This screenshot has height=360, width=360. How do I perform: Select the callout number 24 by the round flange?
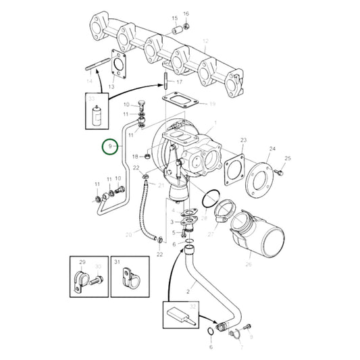273,149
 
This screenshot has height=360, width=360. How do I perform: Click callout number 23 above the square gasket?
244,140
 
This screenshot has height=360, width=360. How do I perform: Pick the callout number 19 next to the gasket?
211,104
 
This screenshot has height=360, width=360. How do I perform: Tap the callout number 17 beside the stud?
179,82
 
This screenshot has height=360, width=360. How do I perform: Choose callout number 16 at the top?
186,14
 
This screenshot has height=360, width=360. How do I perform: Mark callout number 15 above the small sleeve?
174,18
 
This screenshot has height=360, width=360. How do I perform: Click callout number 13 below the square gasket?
111,86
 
